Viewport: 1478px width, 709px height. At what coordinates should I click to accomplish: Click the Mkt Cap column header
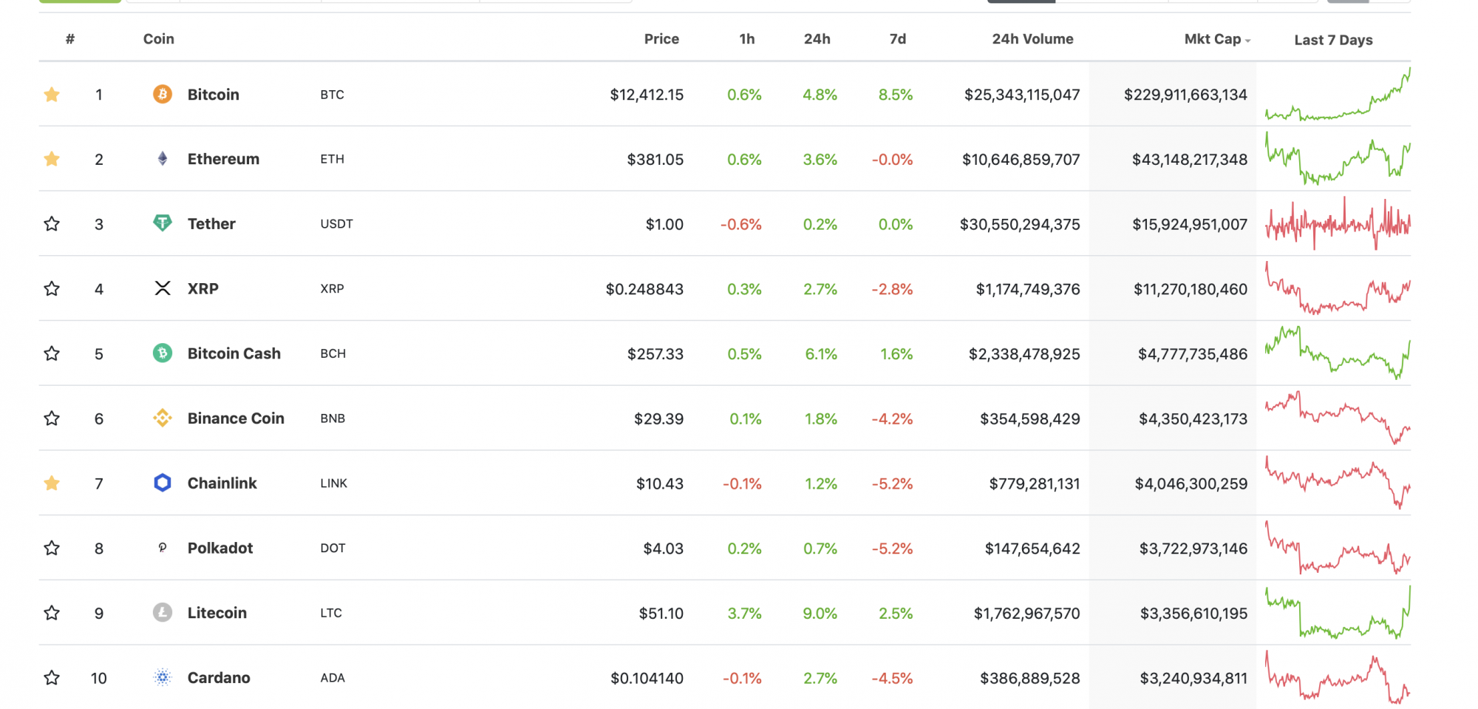tap(1213, 39)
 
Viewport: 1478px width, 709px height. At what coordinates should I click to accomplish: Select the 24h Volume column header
tap(1032, 39)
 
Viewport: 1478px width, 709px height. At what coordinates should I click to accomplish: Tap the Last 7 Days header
tap(1333, 40)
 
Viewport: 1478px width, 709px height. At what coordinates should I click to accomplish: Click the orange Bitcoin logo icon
tap(163, 94)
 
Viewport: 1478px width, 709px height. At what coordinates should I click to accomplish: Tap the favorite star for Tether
tap(52, 223)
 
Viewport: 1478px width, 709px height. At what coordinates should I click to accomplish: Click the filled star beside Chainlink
tap(52, 483)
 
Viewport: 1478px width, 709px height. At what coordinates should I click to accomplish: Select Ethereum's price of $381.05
tap(655, 159)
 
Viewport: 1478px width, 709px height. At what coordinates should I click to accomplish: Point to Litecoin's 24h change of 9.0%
tap(820, 613)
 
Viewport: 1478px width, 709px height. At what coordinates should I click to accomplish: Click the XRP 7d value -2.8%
tap(892, 289)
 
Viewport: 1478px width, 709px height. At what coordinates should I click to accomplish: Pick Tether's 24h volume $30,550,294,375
tap(1020, 224)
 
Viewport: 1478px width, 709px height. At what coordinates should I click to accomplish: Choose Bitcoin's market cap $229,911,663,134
tap(1185, 95)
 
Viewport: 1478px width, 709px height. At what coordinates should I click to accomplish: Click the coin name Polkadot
tap(220, 548)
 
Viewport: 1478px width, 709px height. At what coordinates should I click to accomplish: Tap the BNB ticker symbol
tap(333, 418)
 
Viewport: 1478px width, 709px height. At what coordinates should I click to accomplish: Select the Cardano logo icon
tap(163, 677)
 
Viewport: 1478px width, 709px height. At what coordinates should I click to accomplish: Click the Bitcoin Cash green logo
tap(163, 353)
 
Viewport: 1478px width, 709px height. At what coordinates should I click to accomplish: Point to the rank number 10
tap(99, 678)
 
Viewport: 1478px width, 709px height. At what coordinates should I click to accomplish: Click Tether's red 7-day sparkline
tap(1338, 223)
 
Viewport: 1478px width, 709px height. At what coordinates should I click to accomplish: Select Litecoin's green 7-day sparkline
tap(1338, 612)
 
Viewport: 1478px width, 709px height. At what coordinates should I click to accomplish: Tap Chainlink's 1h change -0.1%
tap(742, 484)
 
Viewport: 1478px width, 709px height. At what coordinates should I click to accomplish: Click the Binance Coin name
tap(236, 418)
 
